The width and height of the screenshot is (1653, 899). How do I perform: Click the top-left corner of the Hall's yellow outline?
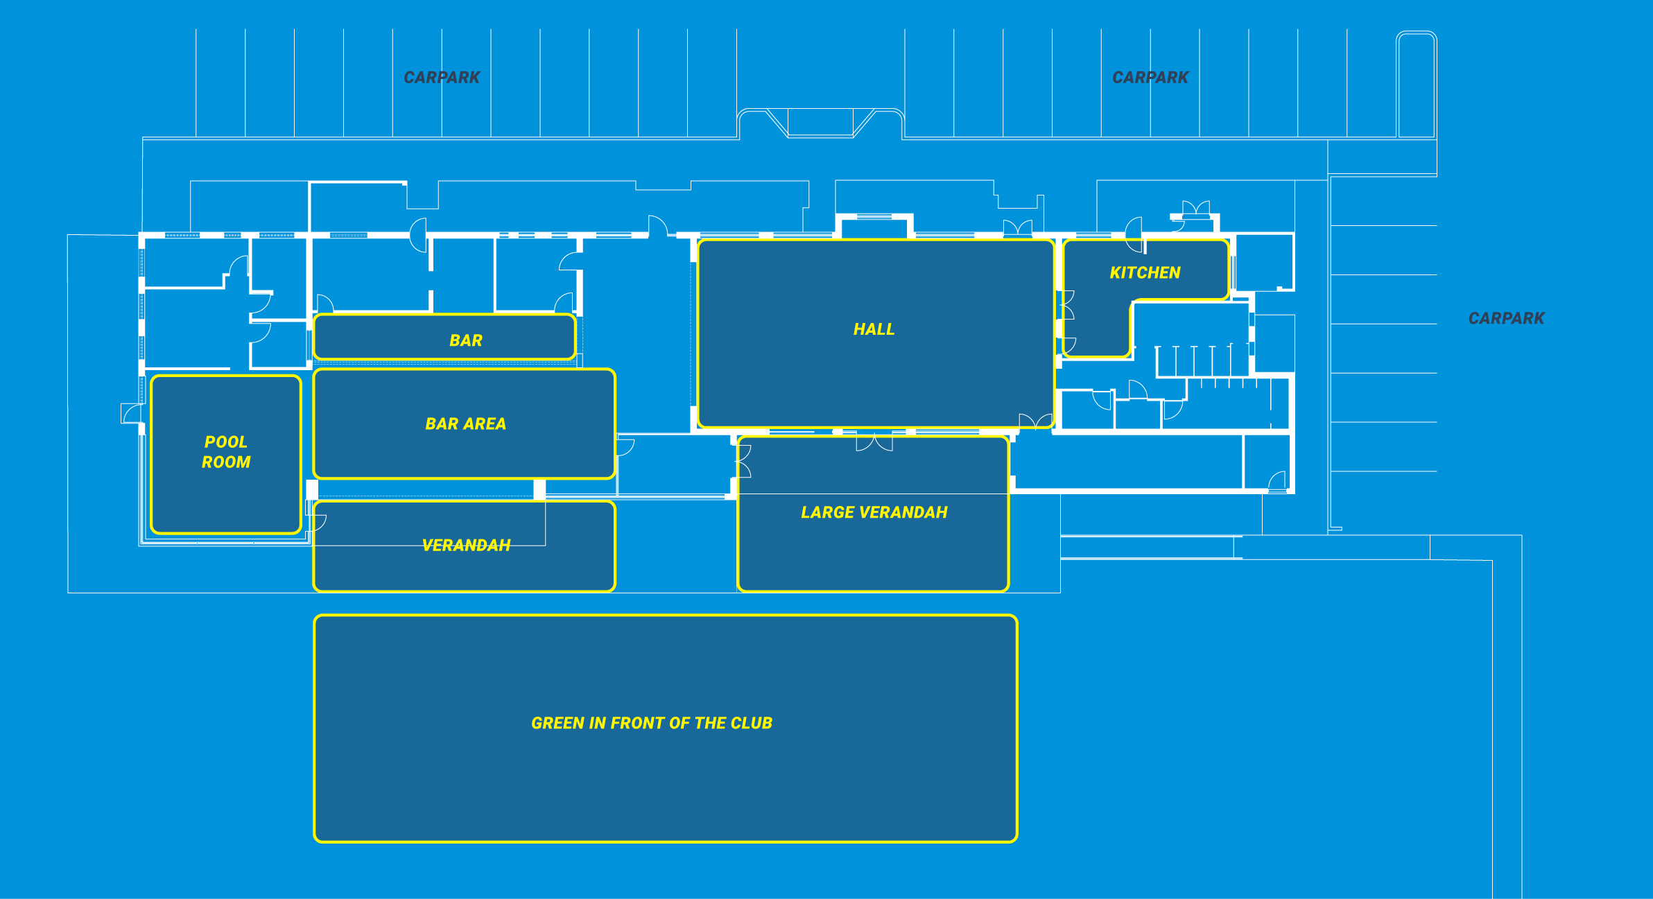tap(699, 241)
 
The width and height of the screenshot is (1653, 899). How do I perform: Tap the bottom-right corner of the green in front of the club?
tap(1016, 841)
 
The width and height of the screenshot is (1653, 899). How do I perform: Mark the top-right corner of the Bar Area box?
tap(614, 370)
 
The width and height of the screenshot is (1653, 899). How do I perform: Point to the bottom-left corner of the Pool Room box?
tap(152, 532)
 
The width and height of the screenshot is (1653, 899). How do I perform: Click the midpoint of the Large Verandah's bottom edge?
tap(873, 591)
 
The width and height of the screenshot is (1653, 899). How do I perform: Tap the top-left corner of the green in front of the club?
tap(315, 616)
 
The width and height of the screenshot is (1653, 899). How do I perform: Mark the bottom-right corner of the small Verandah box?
tap(614, 591)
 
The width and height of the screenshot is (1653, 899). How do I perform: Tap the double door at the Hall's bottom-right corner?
tap(1036, 420)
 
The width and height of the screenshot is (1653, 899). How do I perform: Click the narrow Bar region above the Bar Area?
tap(444, 337)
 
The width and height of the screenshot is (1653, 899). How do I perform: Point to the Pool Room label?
tap(226, 452)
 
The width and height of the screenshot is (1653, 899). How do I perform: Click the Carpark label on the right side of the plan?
tap(1506, 318)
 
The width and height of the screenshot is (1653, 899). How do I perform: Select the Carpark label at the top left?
tap(442, 78)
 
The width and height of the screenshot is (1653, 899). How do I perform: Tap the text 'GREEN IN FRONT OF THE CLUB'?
tap(652, 723)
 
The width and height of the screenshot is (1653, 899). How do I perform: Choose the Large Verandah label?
tap(874, 512)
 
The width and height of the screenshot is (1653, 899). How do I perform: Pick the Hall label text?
tap(874, 329)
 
